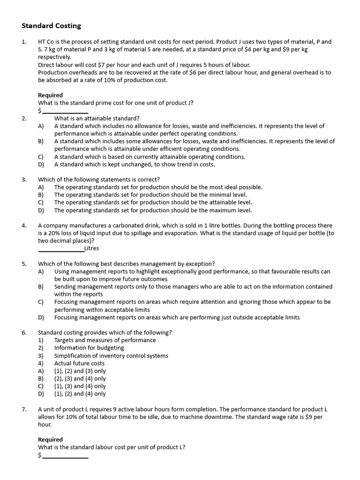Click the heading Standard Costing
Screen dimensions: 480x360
click(x=52, y=26)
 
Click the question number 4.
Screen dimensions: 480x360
click(x=24, y=225)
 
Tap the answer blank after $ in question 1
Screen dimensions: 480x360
click(x=65, y=111)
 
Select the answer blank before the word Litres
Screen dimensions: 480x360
click(x=61, y=249)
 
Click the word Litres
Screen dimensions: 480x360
click(x=92, y=248)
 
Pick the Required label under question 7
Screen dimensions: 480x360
click(x=50, y=439)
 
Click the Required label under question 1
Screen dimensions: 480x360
click(x=50, y=95)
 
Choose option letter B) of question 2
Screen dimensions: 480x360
click(x=41, y=141)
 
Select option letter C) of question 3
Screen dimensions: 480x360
click(x=41, y=202)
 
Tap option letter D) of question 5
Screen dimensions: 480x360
click(x=41, y=317)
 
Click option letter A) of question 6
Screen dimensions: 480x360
click(x=41, y=371)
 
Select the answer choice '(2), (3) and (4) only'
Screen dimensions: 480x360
click(x=80, y=378)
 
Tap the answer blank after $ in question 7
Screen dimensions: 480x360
click(x=65, y=455)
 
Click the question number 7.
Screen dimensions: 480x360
click(x=24, y=409)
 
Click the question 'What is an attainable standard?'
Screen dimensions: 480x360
click(x=97, y=118)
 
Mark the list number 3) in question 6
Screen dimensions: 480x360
click(x=40, y=355)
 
